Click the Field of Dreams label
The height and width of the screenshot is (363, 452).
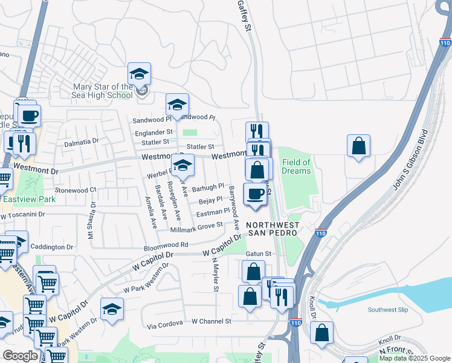[x=296, y=166]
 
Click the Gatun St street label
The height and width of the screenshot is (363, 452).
[x=259, y=253]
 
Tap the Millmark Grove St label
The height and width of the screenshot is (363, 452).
[x=197, y=229]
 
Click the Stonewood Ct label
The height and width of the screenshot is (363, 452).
[x=76, y=190]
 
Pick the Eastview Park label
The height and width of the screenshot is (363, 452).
[x=20, y=198]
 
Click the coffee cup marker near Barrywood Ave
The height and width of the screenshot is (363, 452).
[x=254, y=194]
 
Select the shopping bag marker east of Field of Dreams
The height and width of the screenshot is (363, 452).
[x=359, y=146]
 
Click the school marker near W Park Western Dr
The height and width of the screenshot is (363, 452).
[x=112, y=310]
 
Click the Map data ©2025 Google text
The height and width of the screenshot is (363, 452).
[x=415, y=358]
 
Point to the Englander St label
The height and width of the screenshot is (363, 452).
[x=153, y=131]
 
